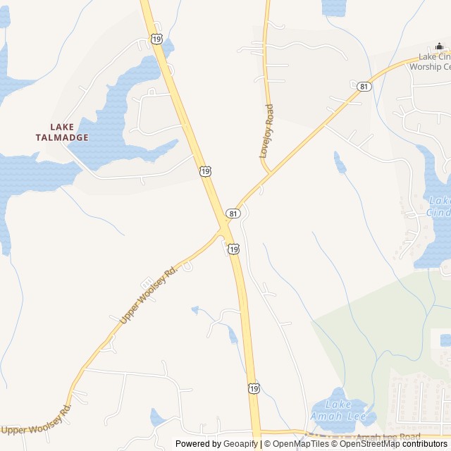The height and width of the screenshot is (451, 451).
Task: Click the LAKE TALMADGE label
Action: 62,132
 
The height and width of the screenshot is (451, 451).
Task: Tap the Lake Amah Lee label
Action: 339,409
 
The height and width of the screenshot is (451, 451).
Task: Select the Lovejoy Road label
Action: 266,131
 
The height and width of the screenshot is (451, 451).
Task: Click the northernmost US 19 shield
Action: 156,39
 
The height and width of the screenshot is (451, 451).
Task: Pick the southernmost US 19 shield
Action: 254,388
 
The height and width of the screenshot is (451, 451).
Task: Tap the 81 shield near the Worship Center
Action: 364,87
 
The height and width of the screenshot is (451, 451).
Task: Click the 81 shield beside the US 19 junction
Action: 233,213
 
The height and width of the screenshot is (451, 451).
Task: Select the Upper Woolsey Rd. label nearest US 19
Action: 148,295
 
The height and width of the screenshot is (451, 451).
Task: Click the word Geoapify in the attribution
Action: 240,444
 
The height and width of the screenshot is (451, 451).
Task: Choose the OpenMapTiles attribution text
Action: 299,444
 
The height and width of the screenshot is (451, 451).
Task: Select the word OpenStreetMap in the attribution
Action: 369,444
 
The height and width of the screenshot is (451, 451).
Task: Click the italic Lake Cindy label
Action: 438,205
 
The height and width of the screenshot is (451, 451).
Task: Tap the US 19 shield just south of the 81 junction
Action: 233,249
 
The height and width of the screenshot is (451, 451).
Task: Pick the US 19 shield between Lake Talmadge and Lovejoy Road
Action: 204,171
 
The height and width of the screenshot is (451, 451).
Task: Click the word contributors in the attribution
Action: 425,444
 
